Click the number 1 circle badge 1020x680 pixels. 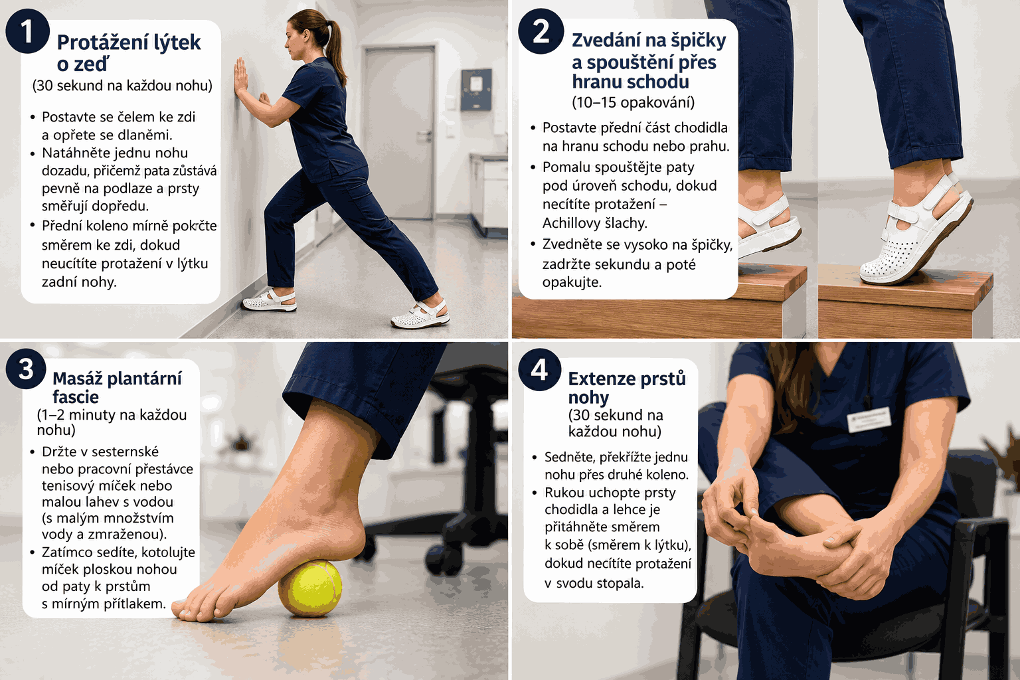pyautogui.click(x=27, y=32)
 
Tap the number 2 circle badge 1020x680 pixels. pyautogui.click(x=541, y=32)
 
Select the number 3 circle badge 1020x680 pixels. pyautogui.click(x=26, y=369)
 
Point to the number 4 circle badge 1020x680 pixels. pyautogui.click(x=540, y=369)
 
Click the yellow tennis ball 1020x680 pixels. pyautogui.click(x=310, y=588)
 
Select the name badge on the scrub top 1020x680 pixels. pyautogui.click(x=869, y=418)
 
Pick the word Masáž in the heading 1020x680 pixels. pyautogui.click(x=78, y=378)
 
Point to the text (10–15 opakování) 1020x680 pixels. pyautogui.click(x=633, y=102)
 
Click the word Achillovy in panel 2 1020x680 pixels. pyautogui.click(x=571, y=222)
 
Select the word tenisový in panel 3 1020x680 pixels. pyautogui.click(x=68, y=485)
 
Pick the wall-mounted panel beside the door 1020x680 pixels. pyautogui.click(x=476, y=89)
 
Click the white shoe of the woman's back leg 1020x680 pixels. pyautogui.click(x=420, y=313)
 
